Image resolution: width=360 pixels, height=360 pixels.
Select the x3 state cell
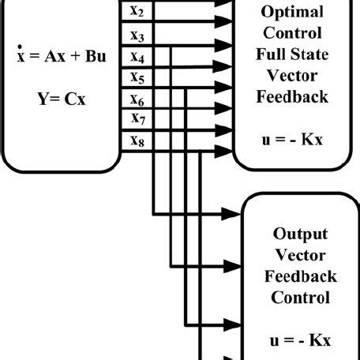click(137, 36)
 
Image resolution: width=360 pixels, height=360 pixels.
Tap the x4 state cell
click(137, 58)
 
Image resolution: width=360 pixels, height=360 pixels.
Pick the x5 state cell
click(137, 79)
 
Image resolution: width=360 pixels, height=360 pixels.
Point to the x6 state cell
click(137, 101)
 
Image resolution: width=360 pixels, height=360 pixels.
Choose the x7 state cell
click(137, 120)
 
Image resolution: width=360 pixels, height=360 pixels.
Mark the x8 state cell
click(137, 141)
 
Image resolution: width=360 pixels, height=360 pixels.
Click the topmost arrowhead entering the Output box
click(235, 213)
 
